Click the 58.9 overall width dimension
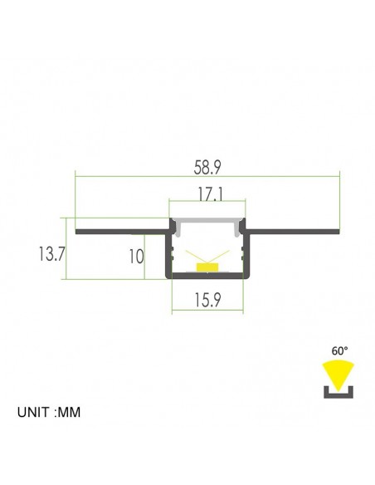coord(208,166)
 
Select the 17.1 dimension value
coord(208,196)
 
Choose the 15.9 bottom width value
coord(208,301)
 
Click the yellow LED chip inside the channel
coord(208,267)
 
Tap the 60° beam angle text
coord(338,350)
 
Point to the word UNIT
coord(35,411)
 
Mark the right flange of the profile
coord(295,229)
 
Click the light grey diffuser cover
coord(208,219)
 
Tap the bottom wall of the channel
coord(208,275)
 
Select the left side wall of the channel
coord(169,253)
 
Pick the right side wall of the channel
coord(247,253)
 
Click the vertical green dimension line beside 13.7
coord(66,249)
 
